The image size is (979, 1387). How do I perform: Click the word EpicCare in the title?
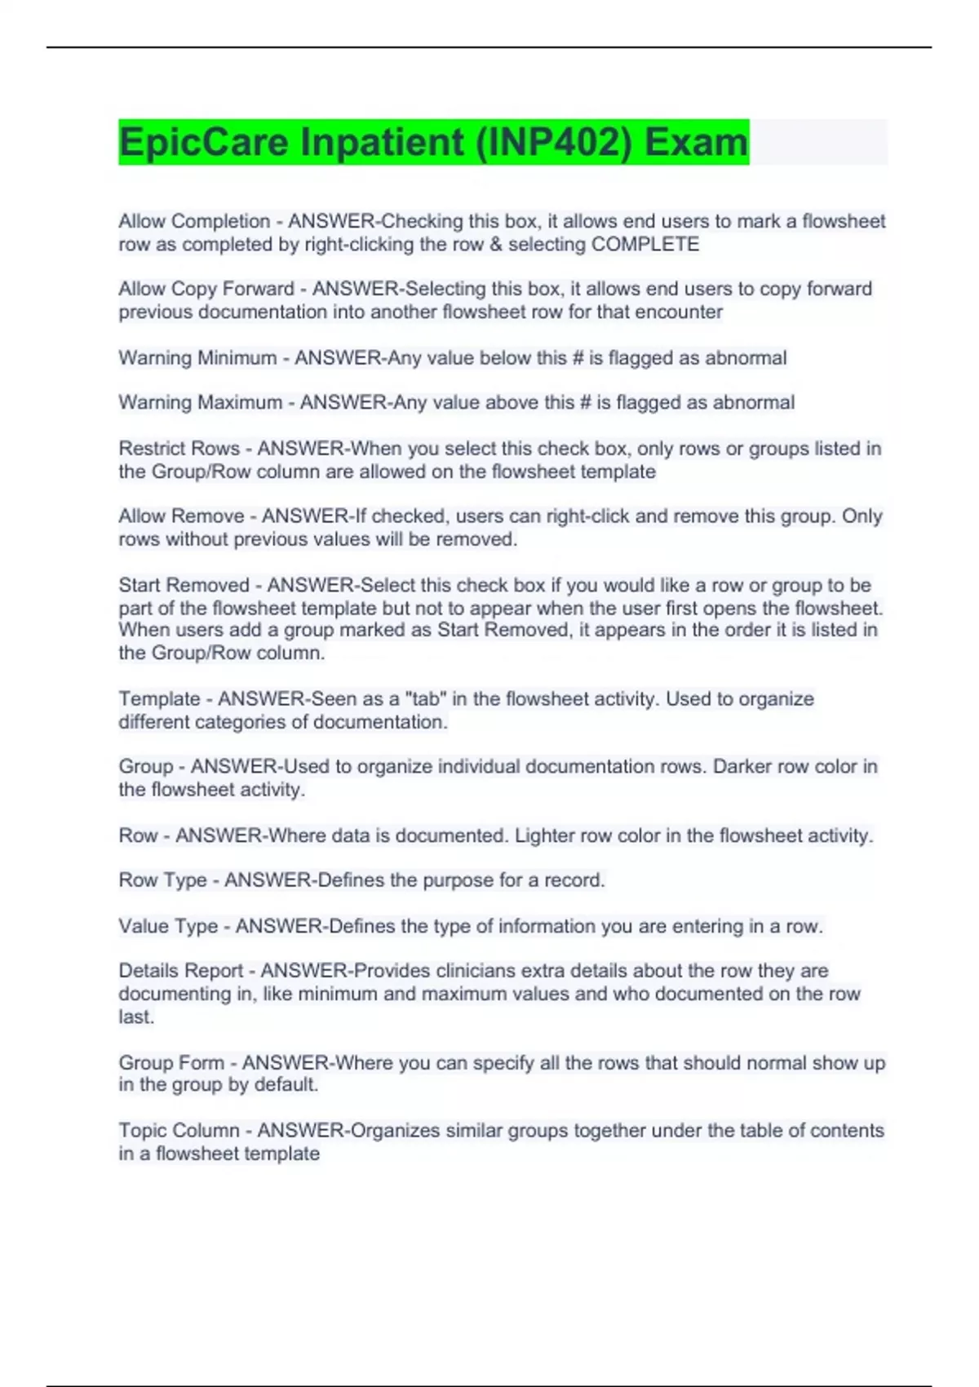point(204,142)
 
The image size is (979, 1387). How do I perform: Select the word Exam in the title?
point(695,142)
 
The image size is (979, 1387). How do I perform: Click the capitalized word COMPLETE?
point(645,245)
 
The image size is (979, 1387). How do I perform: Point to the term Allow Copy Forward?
point(206,289)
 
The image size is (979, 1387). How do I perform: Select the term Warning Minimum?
point(197,358)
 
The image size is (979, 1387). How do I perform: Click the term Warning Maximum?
point(200,403)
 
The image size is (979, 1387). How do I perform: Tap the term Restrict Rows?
point(179,449)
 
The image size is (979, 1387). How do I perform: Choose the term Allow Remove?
point(181,516)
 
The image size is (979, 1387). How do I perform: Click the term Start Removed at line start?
point(184,586)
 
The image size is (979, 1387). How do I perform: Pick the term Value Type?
point(168,927)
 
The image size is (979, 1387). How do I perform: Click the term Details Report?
point(180,971)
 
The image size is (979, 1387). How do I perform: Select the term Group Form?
point(171,1063)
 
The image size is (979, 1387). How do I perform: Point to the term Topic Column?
point(179,1131)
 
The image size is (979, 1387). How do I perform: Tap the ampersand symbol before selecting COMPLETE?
point(496,245)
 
